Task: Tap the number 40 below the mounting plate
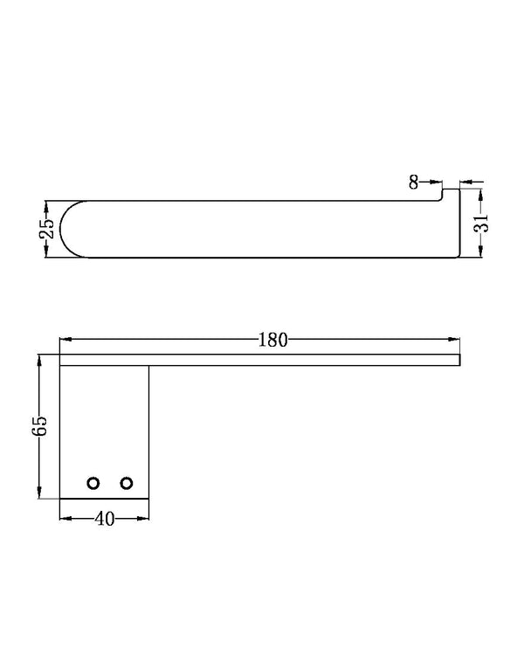pyautogui.click(x=104, y=518)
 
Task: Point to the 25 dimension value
pyautogui.click(x=47, y=229)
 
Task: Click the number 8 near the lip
pyautogui.click(x=412, y=182)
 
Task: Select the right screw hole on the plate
pyautogui.click(x=127, y=483)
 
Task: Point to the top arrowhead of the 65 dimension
pyautogui.click(x=40, y=360)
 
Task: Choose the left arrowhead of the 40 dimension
pyautogui.click(x=65, y=518)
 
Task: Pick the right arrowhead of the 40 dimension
pyautogui.click(x=143, y=518)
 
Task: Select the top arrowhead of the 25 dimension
pyautogui.click(x=46, y=206)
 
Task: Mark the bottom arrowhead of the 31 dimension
pyautogui.click(x=480, y=252)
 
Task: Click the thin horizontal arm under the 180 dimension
pyautogui.click(x=262, y=360)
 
